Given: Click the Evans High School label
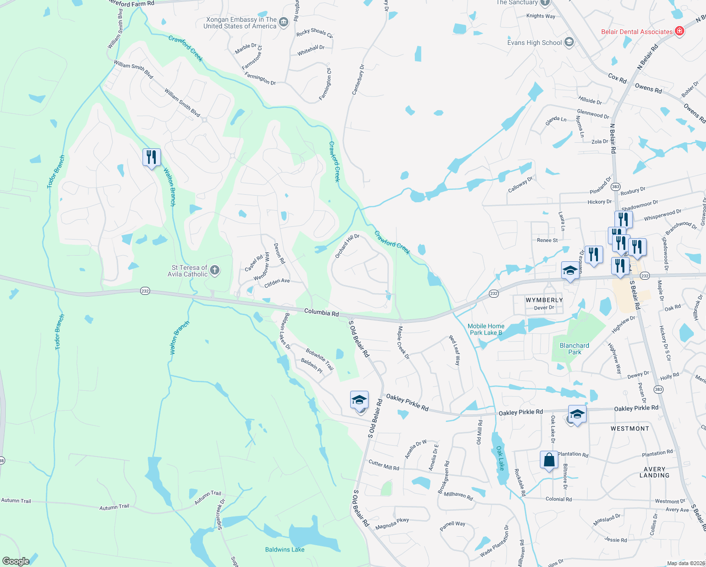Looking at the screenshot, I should [x=534, y=43].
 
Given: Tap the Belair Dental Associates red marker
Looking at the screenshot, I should [x=680, y=32].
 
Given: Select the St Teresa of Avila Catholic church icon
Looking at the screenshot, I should [x=215, y=270].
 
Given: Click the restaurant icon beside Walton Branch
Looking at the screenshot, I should [x=151, y=157].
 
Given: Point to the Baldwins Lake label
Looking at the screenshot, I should [x=285, y=550].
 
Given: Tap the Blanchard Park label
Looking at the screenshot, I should [x=574, y=349].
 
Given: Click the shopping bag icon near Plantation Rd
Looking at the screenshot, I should [x=549, y=460].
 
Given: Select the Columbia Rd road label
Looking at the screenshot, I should [x=321, y=312].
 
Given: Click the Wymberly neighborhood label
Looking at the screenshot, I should [x=544, y=300].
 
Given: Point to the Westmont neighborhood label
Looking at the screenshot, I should [x=630, y=429].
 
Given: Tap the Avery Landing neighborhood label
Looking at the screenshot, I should [x=654, y=472].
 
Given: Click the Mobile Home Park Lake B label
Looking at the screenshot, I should [x=486, y=329].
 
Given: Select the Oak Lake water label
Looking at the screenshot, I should [x=500, y=458].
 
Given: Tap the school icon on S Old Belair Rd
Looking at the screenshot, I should [x=359, y=400].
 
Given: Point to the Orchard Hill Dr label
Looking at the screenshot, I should [x=347, y=246].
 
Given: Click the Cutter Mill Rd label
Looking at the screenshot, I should [x=384, y=465].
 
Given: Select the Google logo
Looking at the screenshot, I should [x=16, y=561].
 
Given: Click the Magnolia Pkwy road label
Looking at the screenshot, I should [x=392, y=524].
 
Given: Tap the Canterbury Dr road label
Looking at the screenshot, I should [x=358, y=79].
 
